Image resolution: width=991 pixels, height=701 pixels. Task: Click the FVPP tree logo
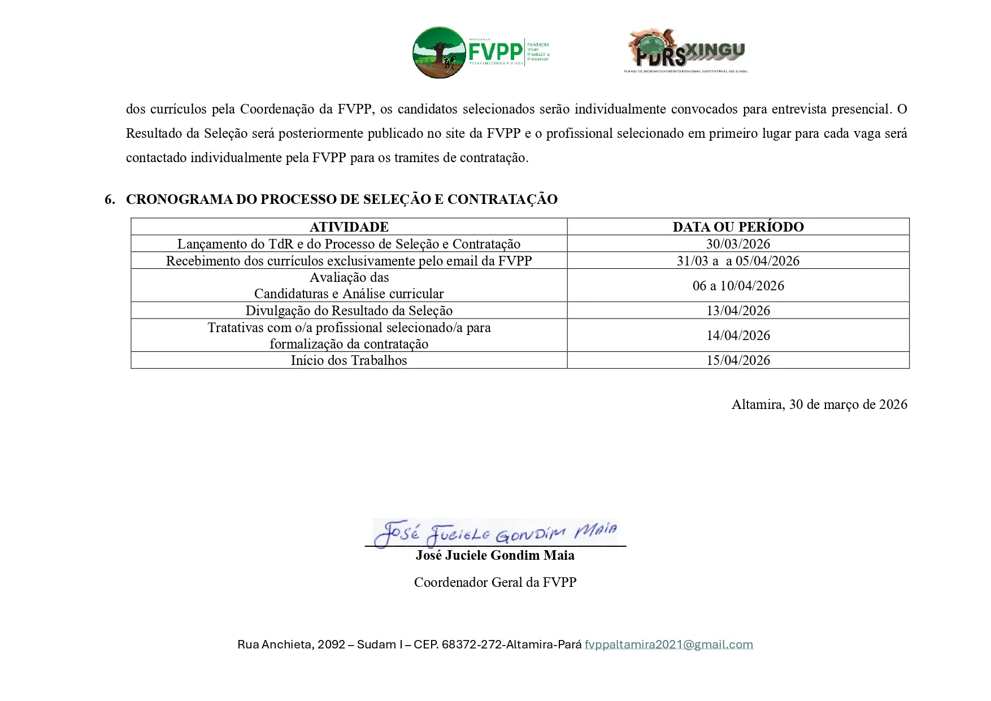click(x=439, y=53)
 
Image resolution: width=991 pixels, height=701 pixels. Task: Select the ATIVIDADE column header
click(x=349, y=227)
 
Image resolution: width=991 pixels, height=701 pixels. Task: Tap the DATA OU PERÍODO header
click(x=738, y=227)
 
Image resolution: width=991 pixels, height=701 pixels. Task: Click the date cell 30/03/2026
click(x=738, y=244)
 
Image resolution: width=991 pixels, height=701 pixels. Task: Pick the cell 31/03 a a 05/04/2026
click(x=738, y=261)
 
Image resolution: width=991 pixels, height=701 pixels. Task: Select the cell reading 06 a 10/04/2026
click(x=738, y=286)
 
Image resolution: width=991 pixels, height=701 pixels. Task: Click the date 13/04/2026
click(x=738, y=311)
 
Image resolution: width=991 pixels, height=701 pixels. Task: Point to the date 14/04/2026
click(x=738, y=336)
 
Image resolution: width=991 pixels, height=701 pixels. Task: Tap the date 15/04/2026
click(x=738, y=360)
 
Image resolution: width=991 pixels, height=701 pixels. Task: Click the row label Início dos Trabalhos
click(x=349, y=360)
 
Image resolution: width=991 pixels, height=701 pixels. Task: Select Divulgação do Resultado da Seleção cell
click(x=349, y=311)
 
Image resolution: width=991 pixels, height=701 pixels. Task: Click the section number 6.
click(x=110, y=199)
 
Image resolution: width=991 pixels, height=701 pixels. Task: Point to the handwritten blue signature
click(x=495, y=533)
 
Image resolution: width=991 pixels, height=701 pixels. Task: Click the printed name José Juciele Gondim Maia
click(x=495, y=555)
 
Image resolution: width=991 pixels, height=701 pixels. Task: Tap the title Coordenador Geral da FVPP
click(x=495, y=582)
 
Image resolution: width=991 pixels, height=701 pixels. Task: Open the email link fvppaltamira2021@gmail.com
click(x=668, y=645)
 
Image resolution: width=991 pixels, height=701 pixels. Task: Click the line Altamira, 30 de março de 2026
click(x=819, y=404)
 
